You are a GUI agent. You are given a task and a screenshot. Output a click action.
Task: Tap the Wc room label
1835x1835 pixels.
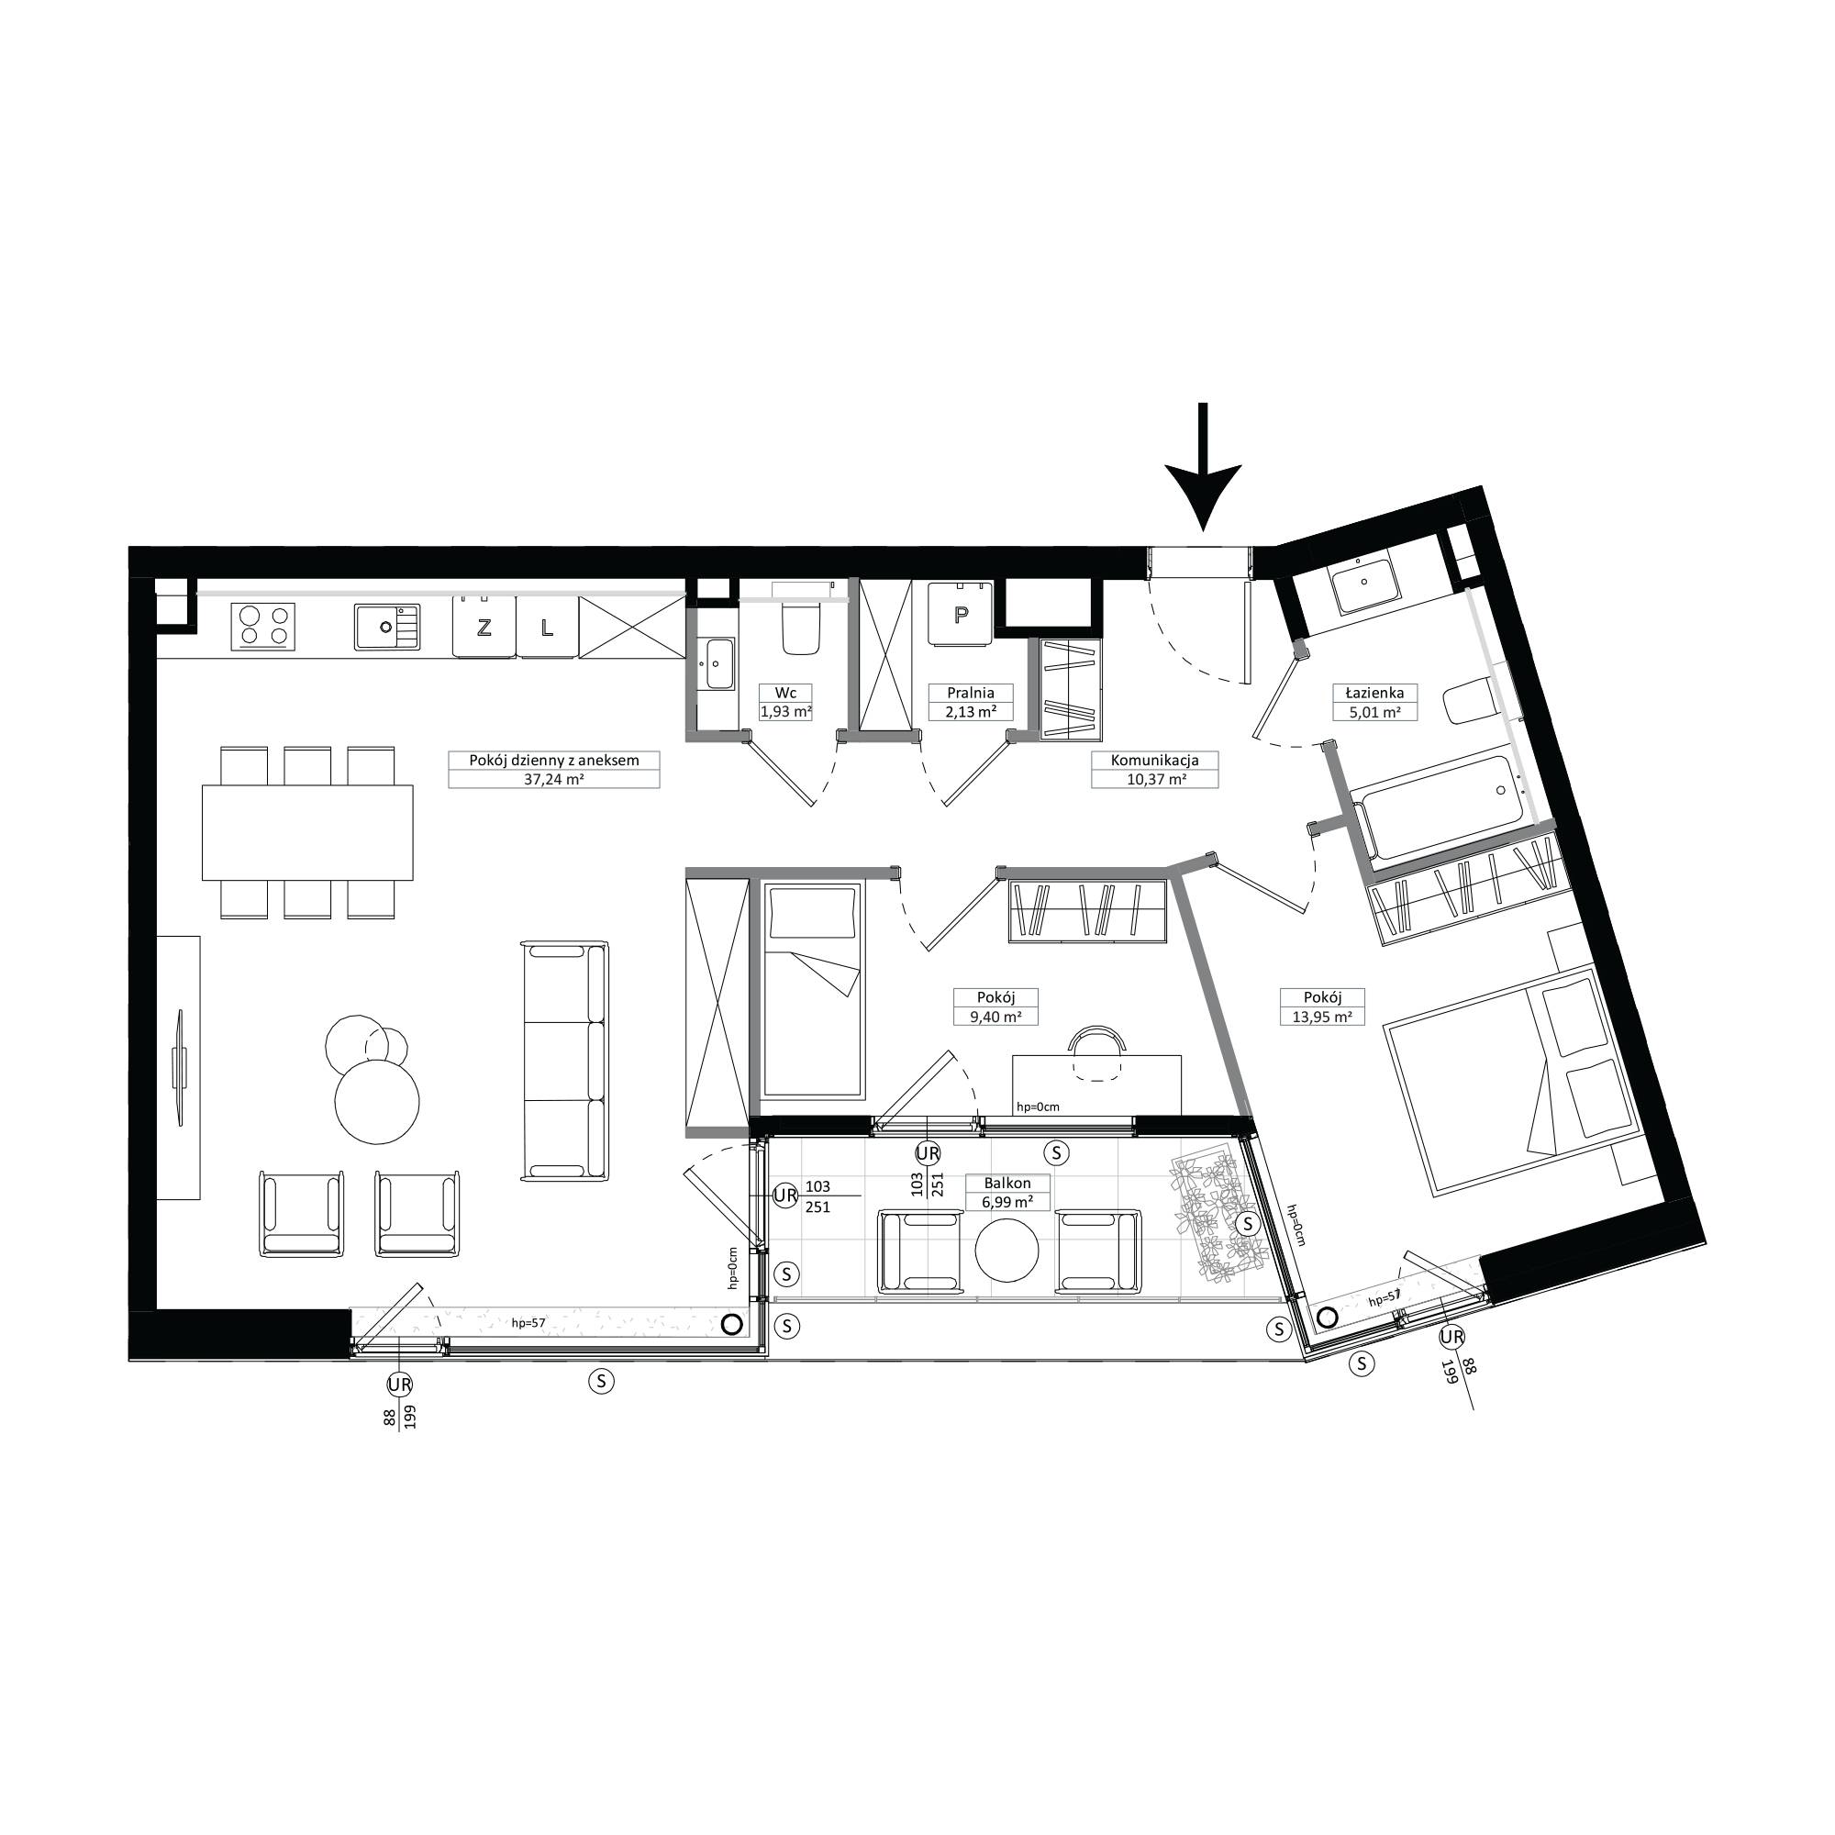pos(785,693)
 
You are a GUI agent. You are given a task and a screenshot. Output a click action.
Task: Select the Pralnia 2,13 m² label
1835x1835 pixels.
pos(971,702)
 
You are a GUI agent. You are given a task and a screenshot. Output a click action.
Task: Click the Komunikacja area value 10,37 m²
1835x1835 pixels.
pos(1154,779)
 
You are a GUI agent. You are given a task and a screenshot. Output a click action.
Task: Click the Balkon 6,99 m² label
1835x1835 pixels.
pos(1007,1192)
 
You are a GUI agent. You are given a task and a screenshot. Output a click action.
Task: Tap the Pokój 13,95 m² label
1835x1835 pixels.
pos(1322,1006)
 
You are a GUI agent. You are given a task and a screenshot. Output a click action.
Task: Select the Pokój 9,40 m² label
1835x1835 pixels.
pos(995,1006)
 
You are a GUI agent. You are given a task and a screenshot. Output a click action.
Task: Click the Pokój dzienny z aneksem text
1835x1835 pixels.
pos(554,760)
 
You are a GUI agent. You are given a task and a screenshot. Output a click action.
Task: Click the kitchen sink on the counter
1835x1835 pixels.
pos(388,626)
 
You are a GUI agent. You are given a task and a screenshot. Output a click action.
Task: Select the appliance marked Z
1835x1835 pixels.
pos(484,626)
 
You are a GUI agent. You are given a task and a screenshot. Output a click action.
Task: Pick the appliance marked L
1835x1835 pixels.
pos(546,626)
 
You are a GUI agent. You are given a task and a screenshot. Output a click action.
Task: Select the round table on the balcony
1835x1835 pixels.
pos(1006,1251)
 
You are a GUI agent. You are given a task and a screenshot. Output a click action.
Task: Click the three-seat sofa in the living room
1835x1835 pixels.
pos(565,1060)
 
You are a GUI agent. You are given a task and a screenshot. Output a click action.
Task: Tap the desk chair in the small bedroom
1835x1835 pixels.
pos(1097,1053)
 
